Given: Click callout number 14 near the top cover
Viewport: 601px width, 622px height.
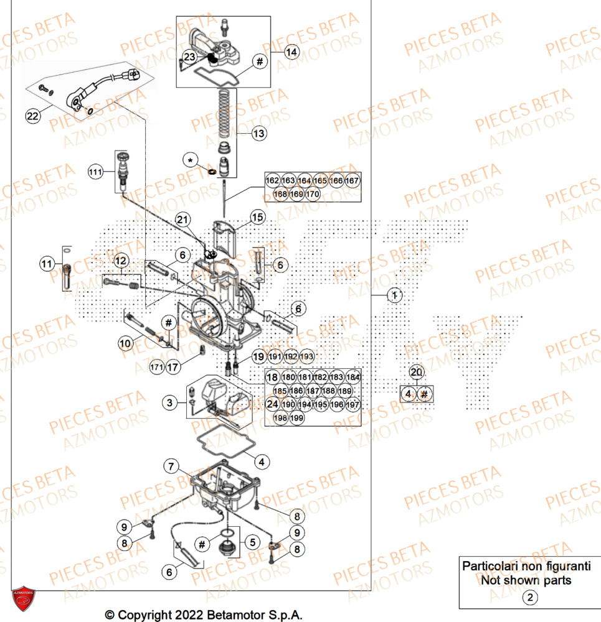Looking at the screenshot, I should (x=291, y=52).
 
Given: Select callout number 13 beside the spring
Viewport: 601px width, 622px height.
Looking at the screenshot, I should (x=258, y=133).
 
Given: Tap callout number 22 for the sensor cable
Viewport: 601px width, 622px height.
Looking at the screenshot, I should (x=33, y=114).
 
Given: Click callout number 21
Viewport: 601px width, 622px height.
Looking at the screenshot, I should (x=182, y=220).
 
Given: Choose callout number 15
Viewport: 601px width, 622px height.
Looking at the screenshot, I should (x=258, y=216).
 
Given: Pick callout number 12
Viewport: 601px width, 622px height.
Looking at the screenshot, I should (x=120, y=261).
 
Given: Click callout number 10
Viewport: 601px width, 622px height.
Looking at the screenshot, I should (x=126, y=343).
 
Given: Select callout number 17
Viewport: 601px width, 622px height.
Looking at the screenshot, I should (x=173, y=368).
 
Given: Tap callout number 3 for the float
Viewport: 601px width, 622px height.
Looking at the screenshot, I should (x=169, y=404).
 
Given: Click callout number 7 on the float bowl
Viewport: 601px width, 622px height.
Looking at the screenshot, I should (x=171, y=465).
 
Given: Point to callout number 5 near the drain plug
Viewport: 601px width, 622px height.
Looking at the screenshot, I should (x=252, y=542).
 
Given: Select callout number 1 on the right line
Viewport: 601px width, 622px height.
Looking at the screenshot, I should (x=394, y=295).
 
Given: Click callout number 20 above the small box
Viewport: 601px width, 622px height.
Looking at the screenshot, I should (x=417, y=372).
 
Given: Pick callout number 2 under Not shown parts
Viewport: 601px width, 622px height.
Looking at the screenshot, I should (x=529, y=598).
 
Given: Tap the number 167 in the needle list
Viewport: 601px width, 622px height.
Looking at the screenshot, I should (x=353, y=181).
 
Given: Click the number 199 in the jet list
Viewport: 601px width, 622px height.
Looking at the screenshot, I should (x=297, y=418).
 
